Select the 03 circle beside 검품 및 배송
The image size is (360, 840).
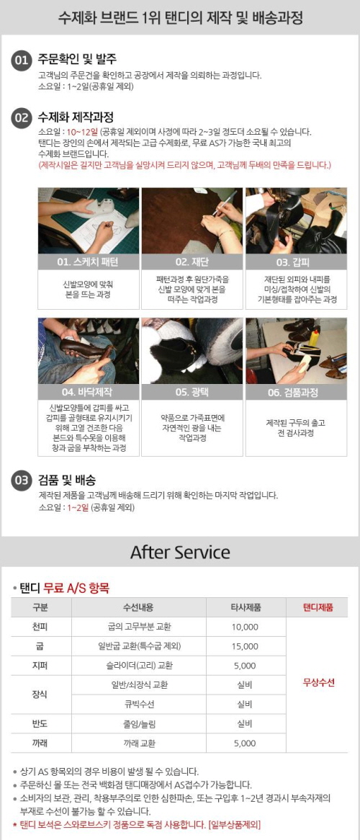coord(21,481)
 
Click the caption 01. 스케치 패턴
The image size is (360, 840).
coord(89,262)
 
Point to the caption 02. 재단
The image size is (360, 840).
coord(192,262)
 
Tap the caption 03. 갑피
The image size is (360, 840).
coord(296,262)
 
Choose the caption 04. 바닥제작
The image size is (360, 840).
coord(89,392)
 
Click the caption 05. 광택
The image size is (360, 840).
coord(192,392)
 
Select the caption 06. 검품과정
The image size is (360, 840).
coord(296,392)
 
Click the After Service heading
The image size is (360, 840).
coord(180,553)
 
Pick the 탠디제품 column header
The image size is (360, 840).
coord(318,607)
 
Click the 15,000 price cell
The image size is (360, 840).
coord(245,646)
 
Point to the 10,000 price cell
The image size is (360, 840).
coord(245,627)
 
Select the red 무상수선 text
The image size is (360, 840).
coord(318,683)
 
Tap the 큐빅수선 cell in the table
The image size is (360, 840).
coord(139,704)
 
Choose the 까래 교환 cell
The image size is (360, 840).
coord(139,743)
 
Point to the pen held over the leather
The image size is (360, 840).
coord(225,203)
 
